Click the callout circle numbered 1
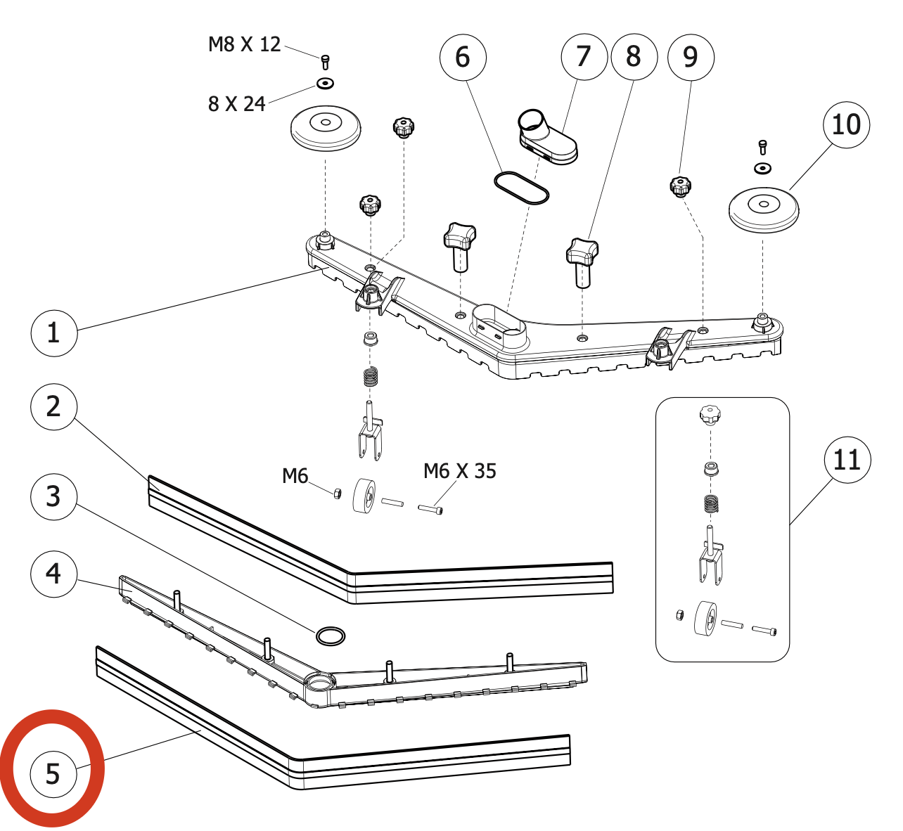click(x=54, y=333)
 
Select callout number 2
click(x=54, y=406)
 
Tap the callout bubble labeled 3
click(x=54, y=496)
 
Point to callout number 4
click(x=54, y=574)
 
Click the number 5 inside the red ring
click(x=53, y=774)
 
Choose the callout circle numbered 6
click(x=463, y=57)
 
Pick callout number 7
click(x=584, y=56)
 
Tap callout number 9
click(x=691, y=56)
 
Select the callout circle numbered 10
click(x=846, y=125)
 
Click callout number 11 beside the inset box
click(x=847, y=460)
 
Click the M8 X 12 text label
click(x=244, y=44)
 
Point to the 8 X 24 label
click(x=236, y=104)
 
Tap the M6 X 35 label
click(x=460, y=470)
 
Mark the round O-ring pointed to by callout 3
click(x=331, y=636)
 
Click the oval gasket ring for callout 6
click(x=521, y=188)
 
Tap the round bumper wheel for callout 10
click(x=763, y=208)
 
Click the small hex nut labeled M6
click(x=336, y=493)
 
